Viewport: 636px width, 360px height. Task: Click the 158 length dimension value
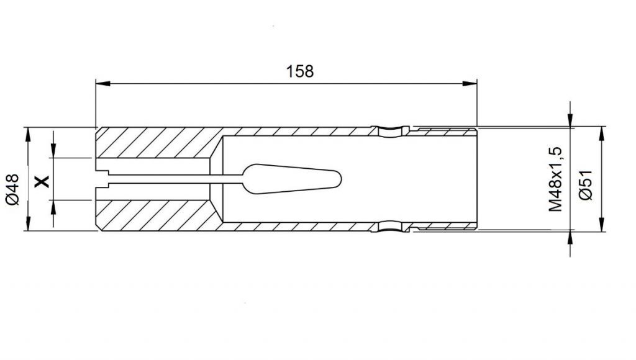tap(300, 71)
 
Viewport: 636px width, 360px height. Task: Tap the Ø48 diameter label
tap(13, 189)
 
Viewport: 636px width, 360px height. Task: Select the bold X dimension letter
tap(42, 181)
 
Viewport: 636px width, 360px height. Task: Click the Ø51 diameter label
tap(586, 185)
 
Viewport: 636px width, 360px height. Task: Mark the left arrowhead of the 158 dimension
tap(103, 84)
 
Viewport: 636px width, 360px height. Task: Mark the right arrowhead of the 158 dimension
tap(470, 84)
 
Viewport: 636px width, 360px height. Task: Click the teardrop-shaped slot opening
tap(292, 179)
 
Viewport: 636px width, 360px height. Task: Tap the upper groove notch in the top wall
tap(393, 130)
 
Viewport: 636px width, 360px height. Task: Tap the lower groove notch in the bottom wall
tap(393, 227)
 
